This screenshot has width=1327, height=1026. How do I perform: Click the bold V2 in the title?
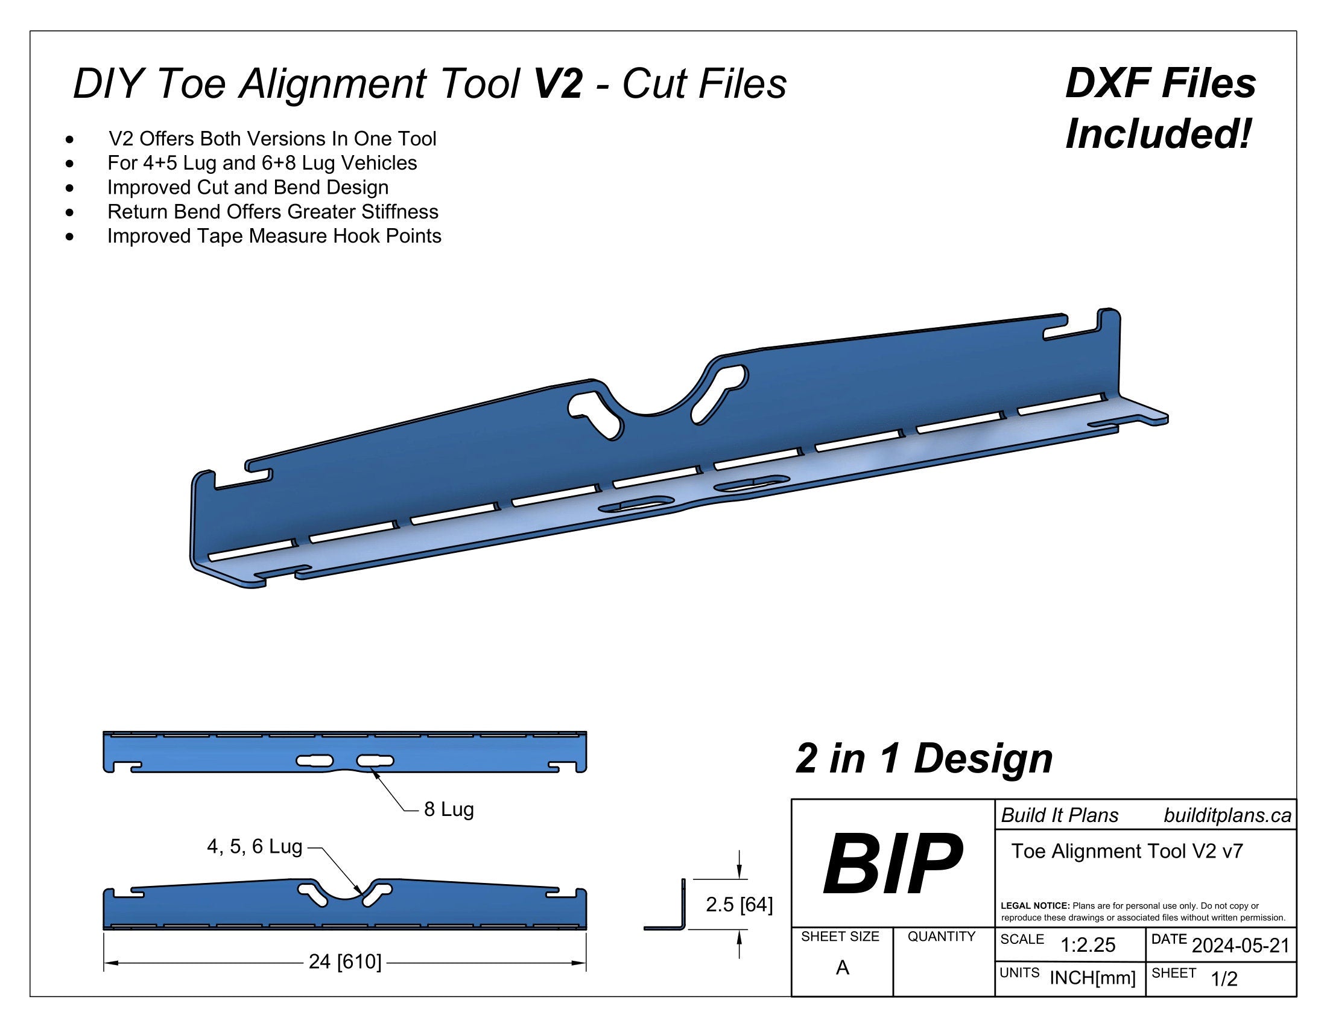pyautogui.click(x=558, y=83)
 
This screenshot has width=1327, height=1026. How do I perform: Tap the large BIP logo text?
pyautogui.click(x=892, y=864)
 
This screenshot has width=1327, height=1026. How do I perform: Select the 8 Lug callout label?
pyautogui.click(x=448, y=809)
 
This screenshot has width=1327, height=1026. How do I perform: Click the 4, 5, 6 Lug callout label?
pyautogui.click(x=255, y=846)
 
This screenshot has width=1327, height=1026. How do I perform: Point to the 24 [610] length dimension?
pyautogui.click(x=345, y=961)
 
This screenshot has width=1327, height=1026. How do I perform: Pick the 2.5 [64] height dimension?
pyautogui.click(x=739, y=905)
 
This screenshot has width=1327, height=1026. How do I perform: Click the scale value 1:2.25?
pyautogui.click(x=1088, y=945)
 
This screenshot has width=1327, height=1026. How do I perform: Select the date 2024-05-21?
pyautogui.click(x=1240, y=945)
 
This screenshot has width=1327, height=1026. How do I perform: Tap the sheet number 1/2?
pyautogui.click(x=1224, y=979)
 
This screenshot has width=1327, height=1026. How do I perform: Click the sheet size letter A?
pyautogui.click(x=842, y=967)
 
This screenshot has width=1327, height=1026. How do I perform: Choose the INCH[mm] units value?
pyautogui.click(x=1092, y=978)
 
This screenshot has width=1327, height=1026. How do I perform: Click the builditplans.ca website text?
pyautogui.click(x=1227, y=815)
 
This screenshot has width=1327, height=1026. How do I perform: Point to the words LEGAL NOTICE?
pyautogui.click(x=1034, y=906)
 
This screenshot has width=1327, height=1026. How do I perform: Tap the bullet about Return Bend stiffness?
pyautogui.click(x=273, y=211)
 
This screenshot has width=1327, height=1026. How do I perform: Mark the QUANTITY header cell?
pyautogui.click(x=941, y=937)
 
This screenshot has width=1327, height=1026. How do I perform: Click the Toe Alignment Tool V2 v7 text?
pyautogui.click(x=1127, y=851)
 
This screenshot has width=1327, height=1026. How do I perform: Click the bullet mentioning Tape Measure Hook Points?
pyautogui.click(x=274, y=236)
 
